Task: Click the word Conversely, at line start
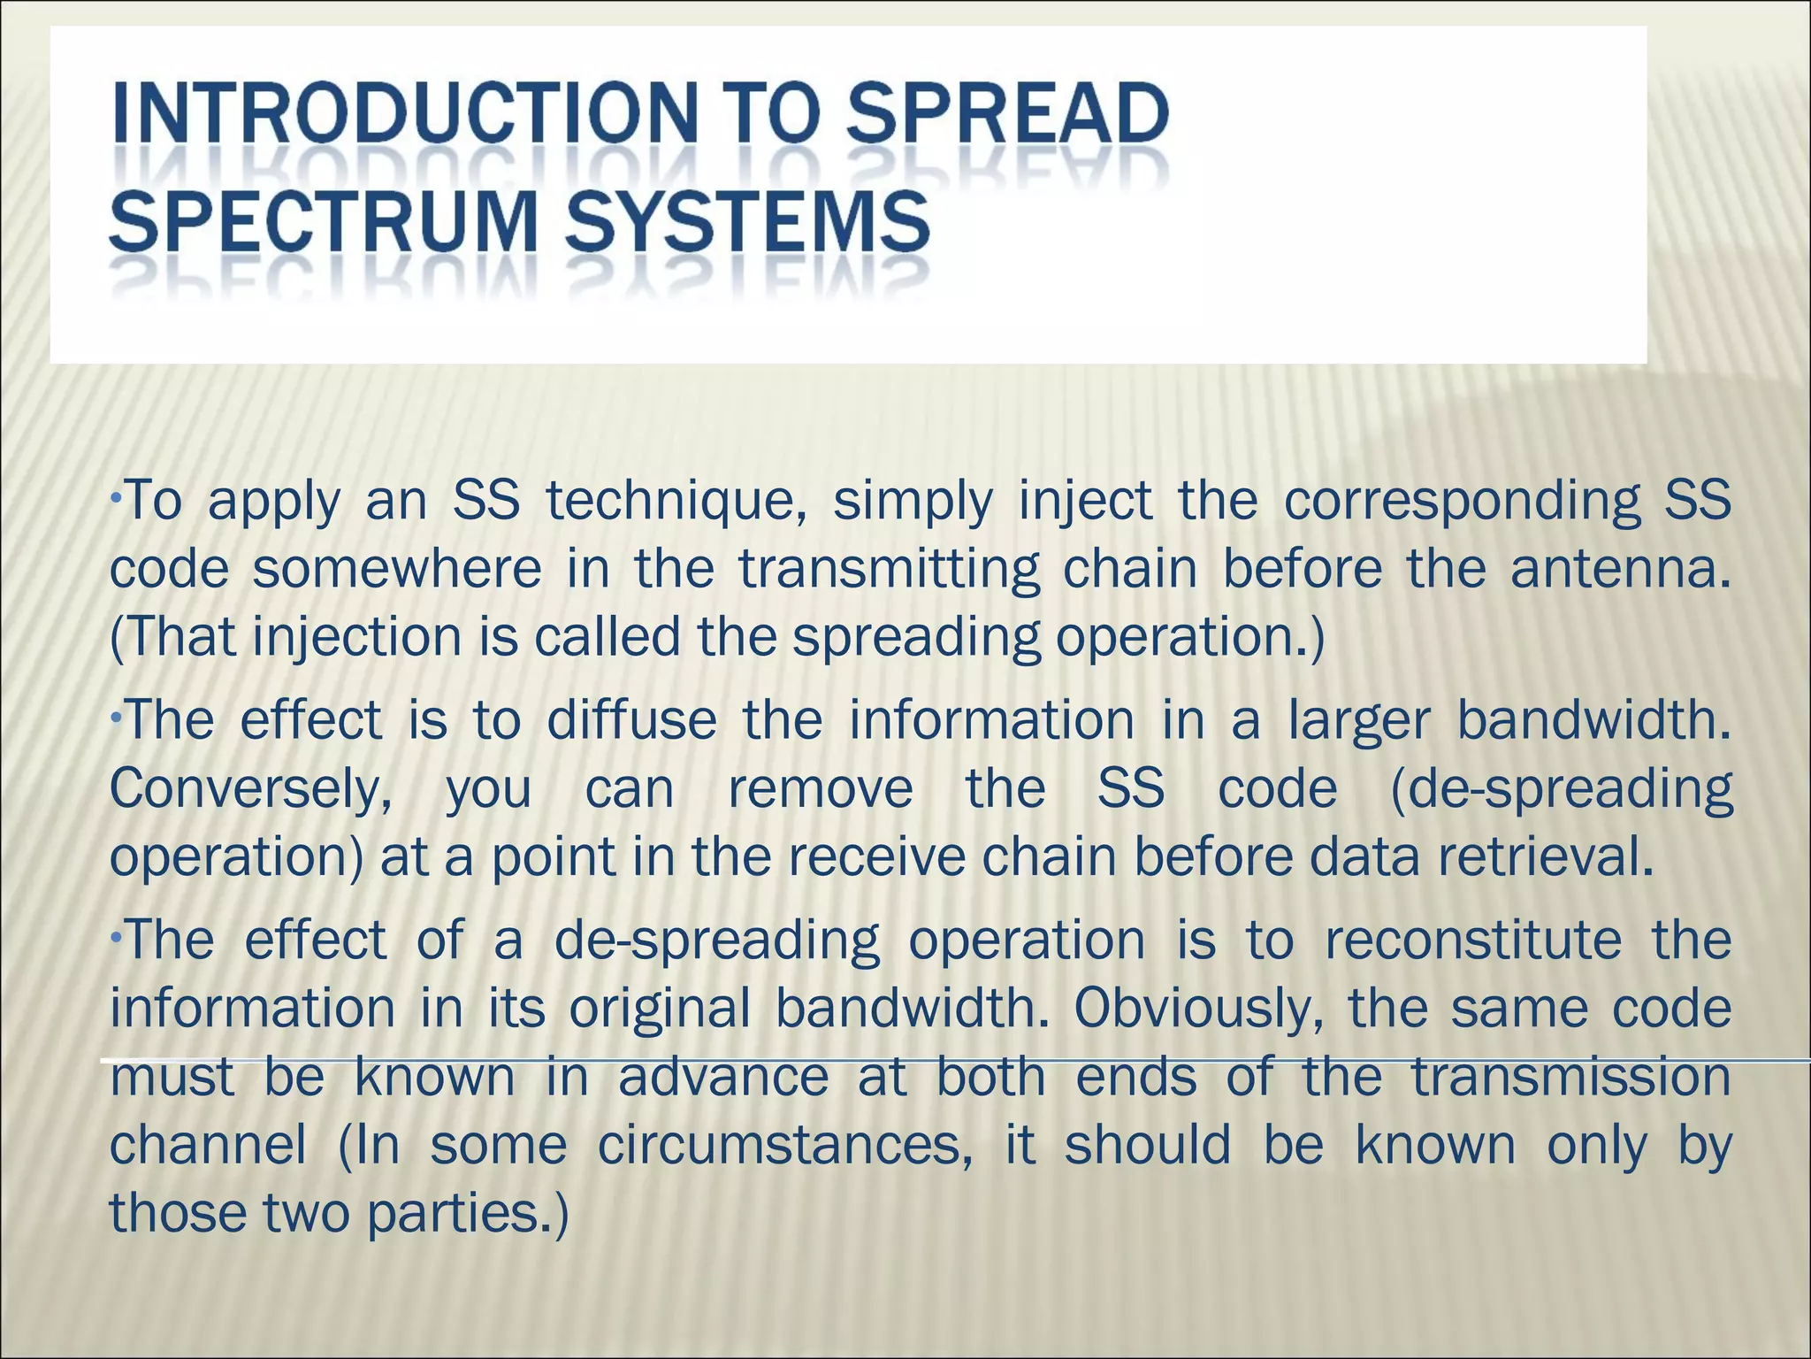[251, 790]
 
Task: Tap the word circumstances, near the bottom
[785, 1146]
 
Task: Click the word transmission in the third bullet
[1570, 1078]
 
